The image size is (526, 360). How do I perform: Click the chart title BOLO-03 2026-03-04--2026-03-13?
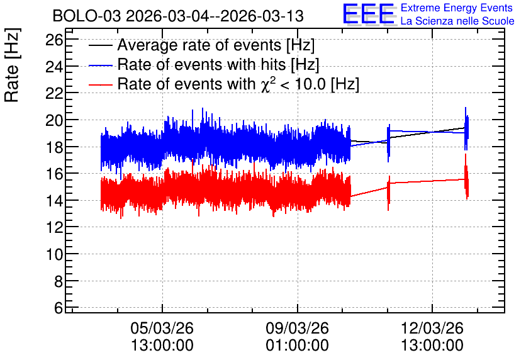[178, 16]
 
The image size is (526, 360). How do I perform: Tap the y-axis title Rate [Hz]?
[12, 65]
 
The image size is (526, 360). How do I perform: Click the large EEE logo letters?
[368, 14]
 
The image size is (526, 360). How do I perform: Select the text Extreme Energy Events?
[457, 8]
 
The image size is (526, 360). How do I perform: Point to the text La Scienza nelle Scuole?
[457, 21]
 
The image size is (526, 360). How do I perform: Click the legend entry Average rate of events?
[216, 45]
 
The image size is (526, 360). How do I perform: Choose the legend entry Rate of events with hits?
[218, 64]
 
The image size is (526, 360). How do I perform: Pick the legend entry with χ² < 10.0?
[238, 84]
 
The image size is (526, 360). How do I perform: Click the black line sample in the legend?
[100, 45]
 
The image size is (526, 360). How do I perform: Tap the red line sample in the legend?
[100, 84]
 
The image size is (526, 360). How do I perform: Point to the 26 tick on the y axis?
[54, 40]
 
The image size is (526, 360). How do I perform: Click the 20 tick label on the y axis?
[54, 120]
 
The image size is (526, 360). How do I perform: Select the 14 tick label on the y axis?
[54, 201]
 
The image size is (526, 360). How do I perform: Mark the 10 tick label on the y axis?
[54, 254]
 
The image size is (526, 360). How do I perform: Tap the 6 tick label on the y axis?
[59, 308]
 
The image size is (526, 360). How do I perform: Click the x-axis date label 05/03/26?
[162, 328]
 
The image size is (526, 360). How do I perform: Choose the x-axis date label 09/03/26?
[297, 328]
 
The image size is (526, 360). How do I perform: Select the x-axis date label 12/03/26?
[432, 328]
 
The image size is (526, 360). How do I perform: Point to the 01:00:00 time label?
[297, 345]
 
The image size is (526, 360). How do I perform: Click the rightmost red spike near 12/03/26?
[466, 177]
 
